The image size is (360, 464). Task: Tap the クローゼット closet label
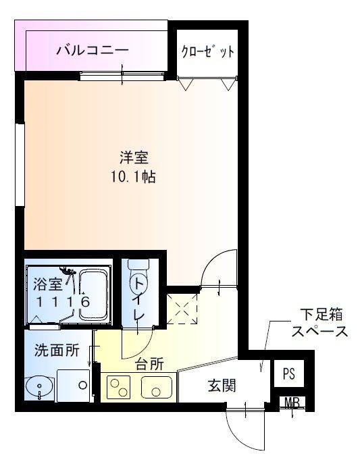[x=207, y=52]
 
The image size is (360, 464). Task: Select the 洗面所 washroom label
[x=57, y=351]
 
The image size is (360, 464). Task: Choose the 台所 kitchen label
[x=149, y=365]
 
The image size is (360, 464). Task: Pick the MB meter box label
[x=292, y=403]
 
